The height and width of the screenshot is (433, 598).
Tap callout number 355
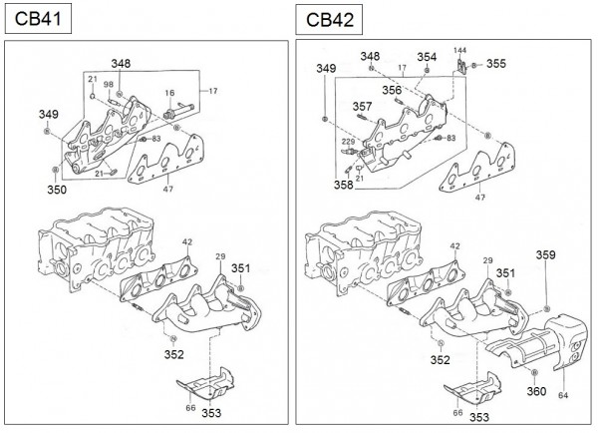pyautogui.click(x=495, y=64)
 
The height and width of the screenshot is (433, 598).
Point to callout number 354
pyautogui.click(x=427, y=57)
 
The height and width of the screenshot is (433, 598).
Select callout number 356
pyautogui.click(x=392, y=89)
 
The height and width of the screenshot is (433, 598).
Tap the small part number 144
pyautogui.click(x=459, y=49)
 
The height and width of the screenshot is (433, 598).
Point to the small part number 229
pyautogui.click(x=347, y=143)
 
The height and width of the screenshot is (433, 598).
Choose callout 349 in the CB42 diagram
pyautogui.click(x=326, y=68)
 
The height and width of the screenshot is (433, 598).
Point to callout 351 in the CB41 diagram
pyautogui.click(x=241, y=267)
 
